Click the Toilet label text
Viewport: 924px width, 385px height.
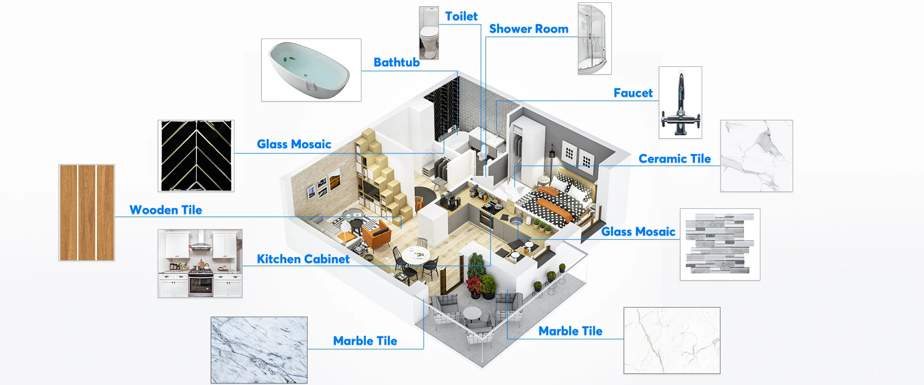[461, 16]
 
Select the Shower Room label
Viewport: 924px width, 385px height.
[528, 29]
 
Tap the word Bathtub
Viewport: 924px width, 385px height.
[397, 63]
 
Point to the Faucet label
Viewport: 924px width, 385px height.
[633, 93]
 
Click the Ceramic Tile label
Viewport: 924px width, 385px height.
[674, 159]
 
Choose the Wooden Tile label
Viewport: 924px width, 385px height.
[166, 210]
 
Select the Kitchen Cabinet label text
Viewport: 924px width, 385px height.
[303, 259]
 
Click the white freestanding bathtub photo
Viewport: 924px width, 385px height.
[311, 70]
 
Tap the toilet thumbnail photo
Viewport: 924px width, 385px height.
[429, 33]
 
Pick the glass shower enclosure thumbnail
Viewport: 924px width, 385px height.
[594, 38]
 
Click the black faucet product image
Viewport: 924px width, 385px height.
[680, 103]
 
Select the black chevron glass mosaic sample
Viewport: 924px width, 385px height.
[196, 156]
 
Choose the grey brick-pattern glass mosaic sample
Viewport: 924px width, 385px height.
[719, 244]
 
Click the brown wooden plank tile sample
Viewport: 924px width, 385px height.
[87, 212]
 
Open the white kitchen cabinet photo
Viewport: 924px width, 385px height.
[200, 263]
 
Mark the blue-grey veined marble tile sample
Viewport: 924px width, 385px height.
[259, 350]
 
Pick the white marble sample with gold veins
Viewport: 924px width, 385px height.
[672, 340]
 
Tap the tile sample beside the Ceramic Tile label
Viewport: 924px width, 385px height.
[756, 156]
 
